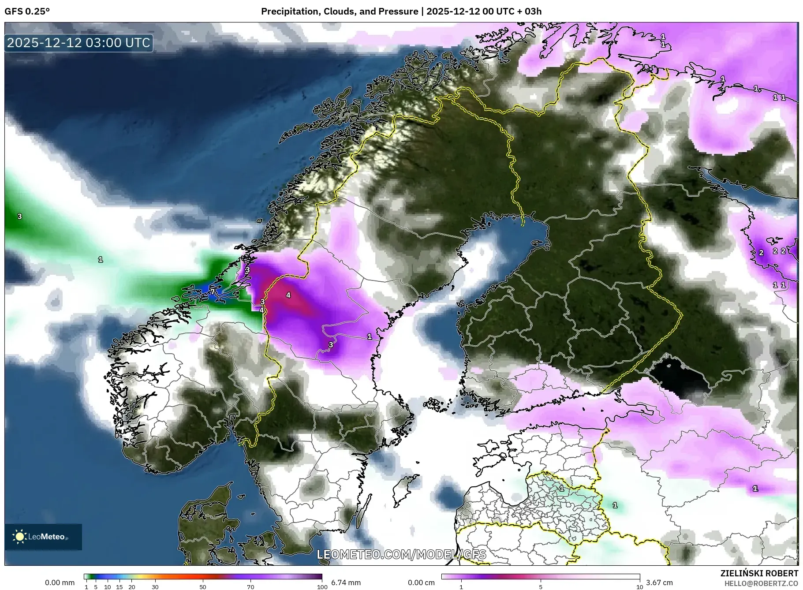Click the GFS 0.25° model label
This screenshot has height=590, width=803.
pyautogui.click(x=27, y=11)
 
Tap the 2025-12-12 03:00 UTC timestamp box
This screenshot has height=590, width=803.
pyautogui.click(x=79, y=43)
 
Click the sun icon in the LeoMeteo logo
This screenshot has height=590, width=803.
pyautogui.click(x=19, y=536)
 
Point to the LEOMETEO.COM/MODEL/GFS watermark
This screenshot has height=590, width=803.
pyautogui.click(x=401, y=554)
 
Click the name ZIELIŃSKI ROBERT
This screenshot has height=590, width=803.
pyautogui.click(x=759, y=573)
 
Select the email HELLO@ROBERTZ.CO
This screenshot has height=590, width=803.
pyautogui.click(x=761, y=583)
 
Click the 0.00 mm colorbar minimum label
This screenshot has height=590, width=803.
pyautogui.click(x=60, y=583)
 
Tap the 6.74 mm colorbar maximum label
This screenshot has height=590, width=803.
pyautogui.click(x=346, y=583)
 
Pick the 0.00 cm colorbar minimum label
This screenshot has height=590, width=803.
pyautogui.click(x=421, y=583)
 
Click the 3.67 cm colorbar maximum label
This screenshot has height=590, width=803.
pyautogui.click(x=659, y=583)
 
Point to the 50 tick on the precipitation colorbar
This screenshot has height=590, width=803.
pyautogui.click(x=202, y=587)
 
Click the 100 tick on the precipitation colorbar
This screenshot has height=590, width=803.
pyautogui.click(x=322, y=587)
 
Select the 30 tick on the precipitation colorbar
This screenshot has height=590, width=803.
pyautogui.click(x=155, y=587)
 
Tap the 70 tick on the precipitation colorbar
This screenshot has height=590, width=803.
pyautogui.click(x=250, y=587)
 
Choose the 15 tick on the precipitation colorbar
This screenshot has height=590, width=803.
pyautogui.click(x=119, y=587)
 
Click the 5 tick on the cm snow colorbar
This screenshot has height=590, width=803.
pyautogui.click(x=541, y=587)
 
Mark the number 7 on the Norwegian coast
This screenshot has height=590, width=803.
pyautogui.click(x=213, y=291)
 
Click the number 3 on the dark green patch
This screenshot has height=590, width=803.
pyautogui.click(x=19, y=216)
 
